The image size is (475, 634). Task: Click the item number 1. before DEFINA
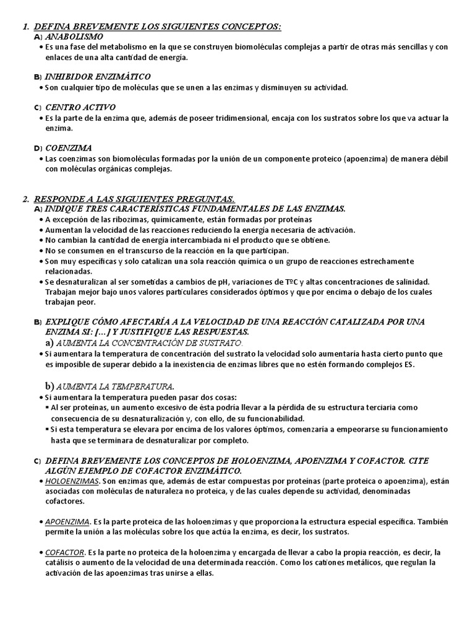tap(25, 27)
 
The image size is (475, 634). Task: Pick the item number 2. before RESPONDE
tap(25, 199)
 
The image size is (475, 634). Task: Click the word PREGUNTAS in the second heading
tap(203, 199)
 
